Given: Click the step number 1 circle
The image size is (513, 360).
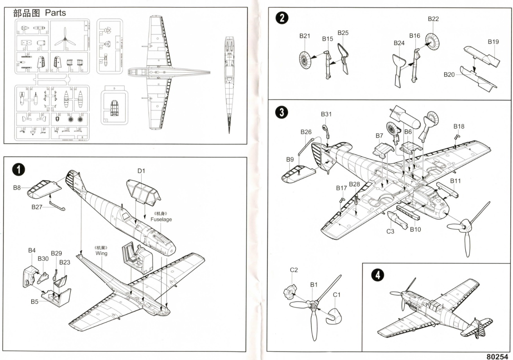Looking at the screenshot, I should pos(18,169).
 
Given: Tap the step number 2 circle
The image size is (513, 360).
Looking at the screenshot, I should pos(282,18).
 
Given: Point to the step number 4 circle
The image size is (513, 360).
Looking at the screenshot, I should pos(377,275).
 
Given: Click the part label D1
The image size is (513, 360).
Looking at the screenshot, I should pos(142,171).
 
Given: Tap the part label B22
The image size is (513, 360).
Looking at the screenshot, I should pos(433,19).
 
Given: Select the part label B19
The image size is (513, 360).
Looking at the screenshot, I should pos(493,41).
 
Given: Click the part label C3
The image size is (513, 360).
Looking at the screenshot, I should pos(390,231).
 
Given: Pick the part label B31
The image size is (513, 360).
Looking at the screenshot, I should pos(326,114).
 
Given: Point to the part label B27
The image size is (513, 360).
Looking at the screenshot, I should pos(37,207).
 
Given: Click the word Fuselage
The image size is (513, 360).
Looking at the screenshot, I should pos(161,219).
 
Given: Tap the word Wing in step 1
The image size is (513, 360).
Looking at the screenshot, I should pos(101,253).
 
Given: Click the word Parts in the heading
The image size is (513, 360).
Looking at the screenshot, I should pos(56,13).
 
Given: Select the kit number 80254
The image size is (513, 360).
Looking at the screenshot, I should pos(499,356).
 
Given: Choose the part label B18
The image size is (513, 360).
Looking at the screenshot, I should pos(459,126).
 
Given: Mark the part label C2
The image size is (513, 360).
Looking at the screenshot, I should pos(294,270).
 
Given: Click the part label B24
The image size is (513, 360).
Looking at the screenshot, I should pos(399,43).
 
